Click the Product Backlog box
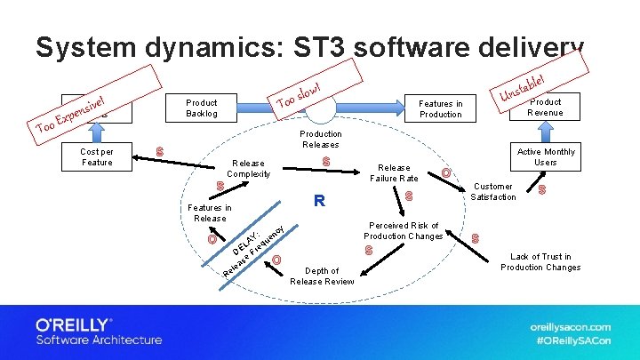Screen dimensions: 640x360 pos(202,108)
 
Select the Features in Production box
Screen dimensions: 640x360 pos(441,108)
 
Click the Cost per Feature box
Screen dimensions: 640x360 pos(97,156)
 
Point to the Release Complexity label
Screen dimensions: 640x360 pos(248,168)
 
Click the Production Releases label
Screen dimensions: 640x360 pos(320,139)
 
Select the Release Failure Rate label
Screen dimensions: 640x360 pos(395,172)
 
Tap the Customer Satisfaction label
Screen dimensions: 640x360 pos(493,191)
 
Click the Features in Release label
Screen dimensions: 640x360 pos(210,212)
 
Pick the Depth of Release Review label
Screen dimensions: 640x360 pos(321,276)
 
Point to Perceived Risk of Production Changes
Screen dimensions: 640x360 pos(404,230)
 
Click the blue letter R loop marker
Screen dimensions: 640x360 pos(319,201)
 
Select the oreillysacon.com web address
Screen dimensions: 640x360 pos(570,326)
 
